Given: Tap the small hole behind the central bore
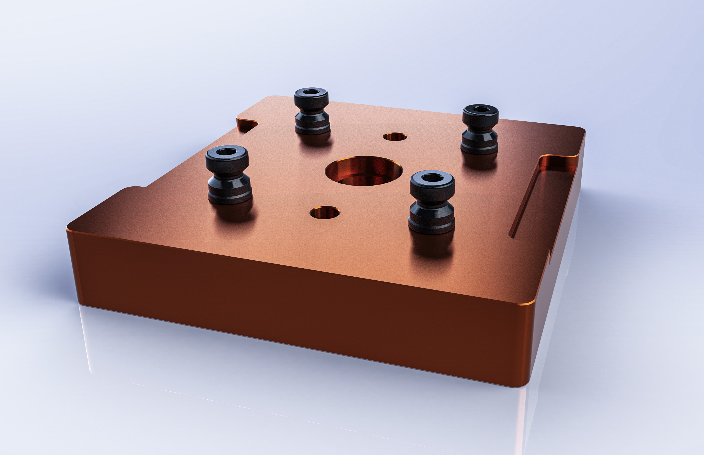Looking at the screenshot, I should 395,137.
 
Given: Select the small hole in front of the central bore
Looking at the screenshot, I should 325,212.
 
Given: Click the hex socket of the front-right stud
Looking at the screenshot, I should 432,177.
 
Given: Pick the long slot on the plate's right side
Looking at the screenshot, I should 543,195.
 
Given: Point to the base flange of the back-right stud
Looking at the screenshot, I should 479,148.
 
